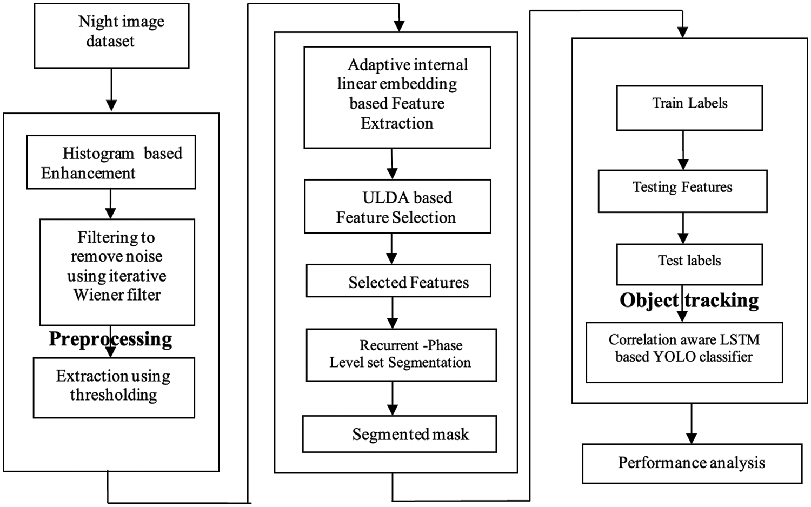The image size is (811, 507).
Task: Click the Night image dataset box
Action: [111, 36]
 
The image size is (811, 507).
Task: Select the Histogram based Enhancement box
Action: [111, 162]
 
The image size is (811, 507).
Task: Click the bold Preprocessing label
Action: [110, 339]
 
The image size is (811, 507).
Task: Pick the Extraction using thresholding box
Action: [114, 388]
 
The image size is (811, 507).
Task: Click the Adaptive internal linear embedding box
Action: [397, 97]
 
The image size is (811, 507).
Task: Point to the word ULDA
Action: [384, 198]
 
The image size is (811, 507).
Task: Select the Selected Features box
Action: [398, 281]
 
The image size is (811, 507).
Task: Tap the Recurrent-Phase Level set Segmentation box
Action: [401, 355]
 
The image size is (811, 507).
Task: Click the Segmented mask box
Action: [399, 434]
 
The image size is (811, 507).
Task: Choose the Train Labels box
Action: [689, 108]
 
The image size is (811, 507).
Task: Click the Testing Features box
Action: [682, 191]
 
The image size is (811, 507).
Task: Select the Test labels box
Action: [689, 264]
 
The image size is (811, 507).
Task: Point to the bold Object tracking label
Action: [689, 301]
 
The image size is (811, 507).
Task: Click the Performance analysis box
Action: [692, 463]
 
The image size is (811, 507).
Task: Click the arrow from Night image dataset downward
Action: [111, 89]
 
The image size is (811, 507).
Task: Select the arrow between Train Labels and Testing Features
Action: [683, 150]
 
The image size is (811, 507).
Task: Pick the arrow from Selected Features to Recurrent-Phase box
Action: [393, 313]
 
